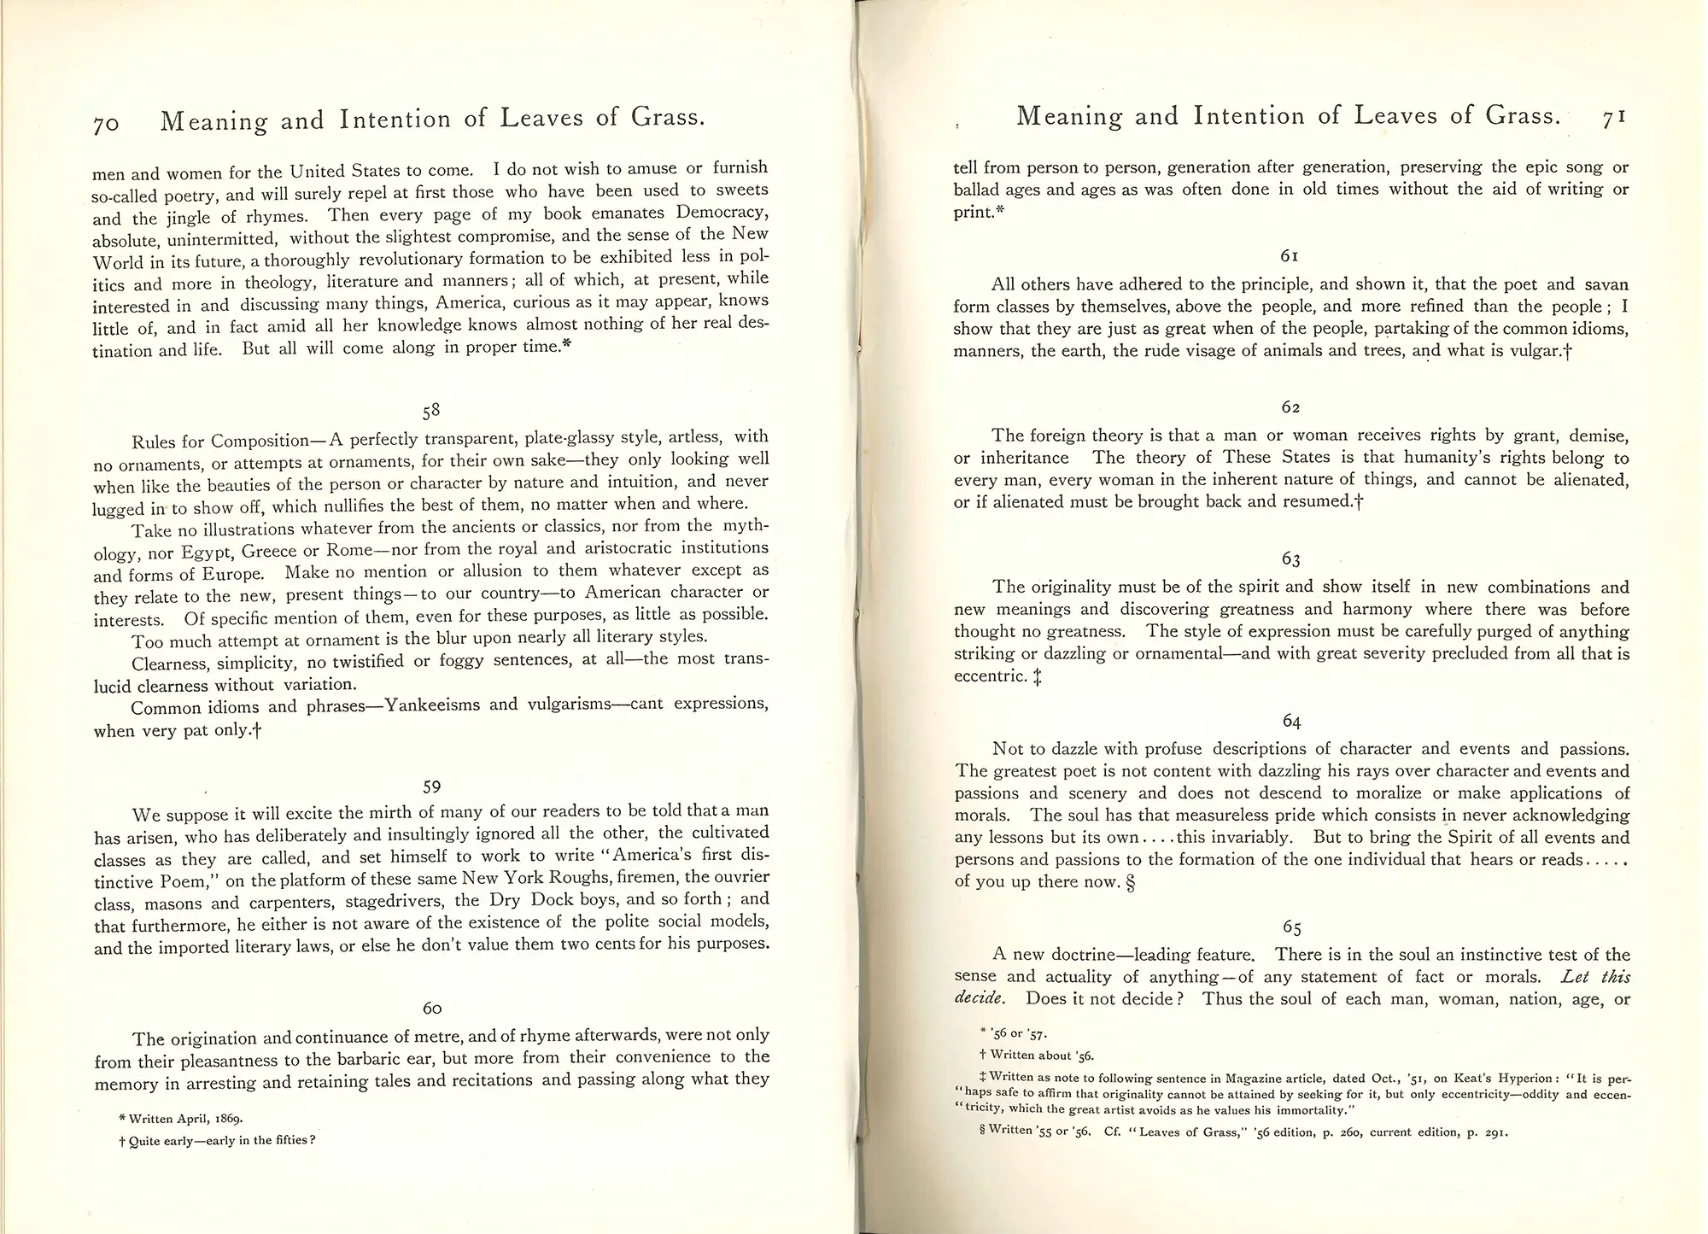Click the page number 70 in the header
point(107,125)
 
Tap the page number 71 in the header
point(1613,117)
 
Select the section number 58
point(431,411)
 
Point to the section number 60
point(432,1009)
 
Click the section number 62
point(1290,407)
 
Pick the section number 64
point(1291,722)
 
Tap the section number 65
point(1291,927)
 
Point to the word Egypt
point(206,552)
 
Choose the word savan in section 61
point(1606,284)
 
